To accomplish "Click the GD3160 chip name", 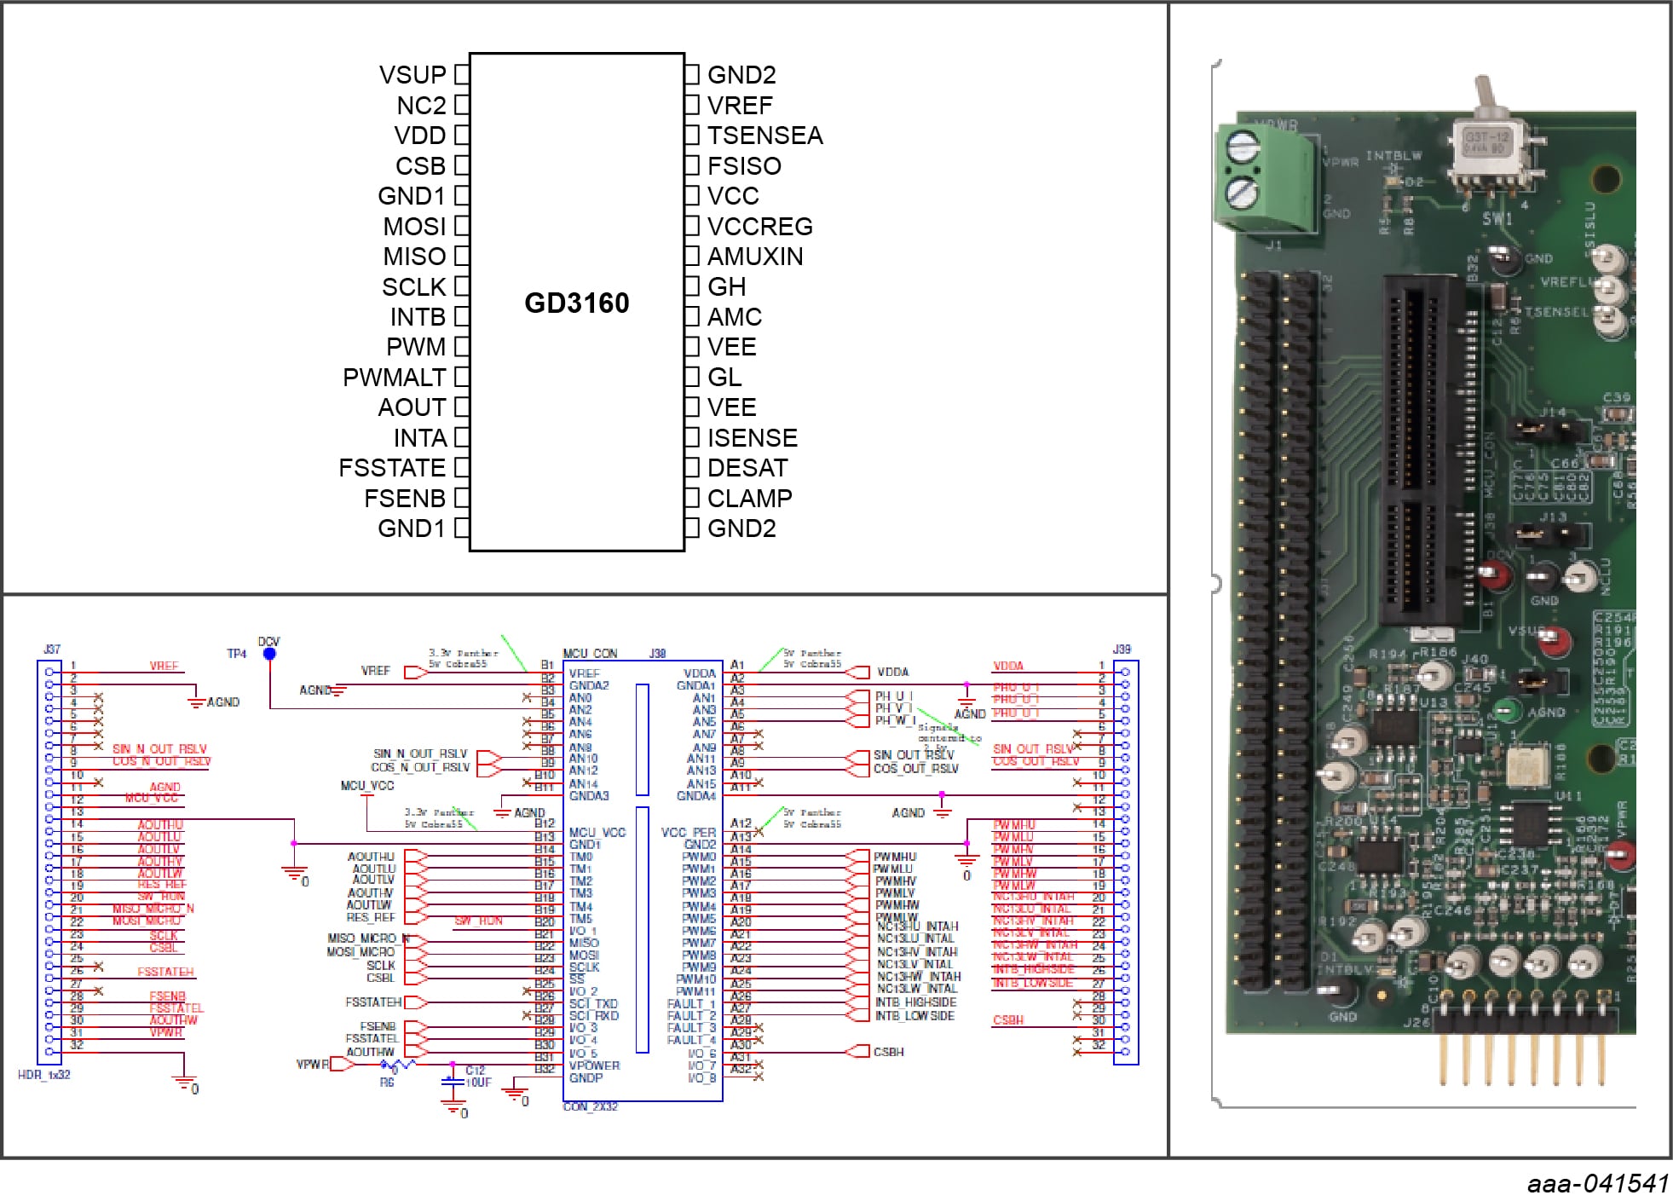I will pyautogui.click(x=576, y=303).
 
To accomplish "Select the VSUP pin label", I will pyautogui.click(x=412, y=75).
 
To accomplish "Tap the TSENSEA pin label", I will pyautogui.click(x=764, y=136).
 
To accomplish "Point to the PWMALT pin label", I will pyautogui.click(x=394, y=378).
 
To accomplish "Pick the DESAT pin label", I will pyautogui.click(x=747, y=468).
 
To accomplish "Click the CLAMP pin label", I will pyautogui.click(x=749, y=499).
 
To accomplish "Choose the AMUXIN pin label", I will pyautogui.click(x=755, y=257).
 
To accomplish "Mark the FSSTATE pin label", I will pyautogui.click(x=392, y=468).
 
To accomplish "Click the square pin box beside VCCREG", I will pyautogui.click(x=693, y=227).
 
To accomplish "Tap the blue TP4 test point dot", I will pyautogui.click(x=269, y=654).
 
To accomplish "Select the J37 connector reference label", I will pyautogui.click(x=52, y=650).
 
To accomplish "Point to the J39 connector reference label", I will pyautogui.click(x=1122, y=650).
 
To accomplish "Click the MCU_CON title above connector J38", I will pyautogui.click(x=590, y=654).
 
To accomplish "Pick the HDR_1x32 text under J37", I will pyautogui.click(x=44, y=1075).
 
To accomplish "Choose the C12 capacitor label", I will pyautogui.click(x=475, y=1070).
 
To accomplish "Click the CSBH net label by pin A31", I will pyautogui.click(x=888, y=1052).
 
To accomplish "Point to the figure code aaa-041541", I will pyautogui.click(x=1597, y=1183).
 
